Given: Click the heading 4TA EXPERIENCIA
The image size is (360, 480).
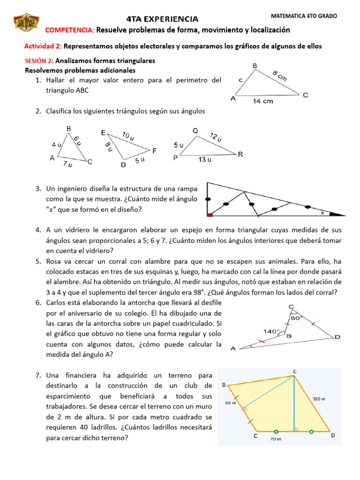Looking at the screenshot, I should (x=162, y=19).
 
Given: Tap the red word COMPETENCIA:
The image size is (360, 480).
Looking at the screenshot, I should (x=70, y=30).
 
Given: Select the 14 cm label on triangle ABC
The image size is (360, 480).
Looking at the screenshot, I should (x=263, y=101).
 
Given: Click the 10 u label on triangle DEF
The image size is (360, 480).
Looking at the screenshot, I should (x=127, y=137).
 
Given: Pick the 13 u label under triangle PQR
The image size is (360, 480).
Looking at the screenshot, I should (x=205, y=159).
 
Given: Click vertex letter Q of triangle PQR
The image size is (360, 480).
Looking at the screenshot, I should (x=195, y=130).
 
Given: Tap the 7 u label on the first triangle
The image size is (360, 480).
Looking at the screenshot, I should (x=67, y=165).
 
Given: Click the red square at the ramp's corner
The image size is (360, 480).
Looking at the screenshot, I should (x=210, y=215).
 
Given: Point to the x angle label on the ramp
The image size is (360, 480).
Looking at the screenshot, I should (x=322, y=213).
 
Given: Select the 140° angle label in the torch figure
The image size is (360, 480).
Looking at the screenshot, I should (x=270, y=331).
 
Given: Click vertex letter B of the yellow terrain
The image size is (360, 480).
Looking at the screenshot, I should (x=224, y=385).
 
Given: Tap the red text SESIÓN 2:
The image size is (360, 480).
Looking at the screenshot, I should (x=39, y=61).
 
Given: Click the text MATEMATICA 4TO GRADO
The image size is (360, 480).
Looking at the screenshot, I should (x=304, y=16).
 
